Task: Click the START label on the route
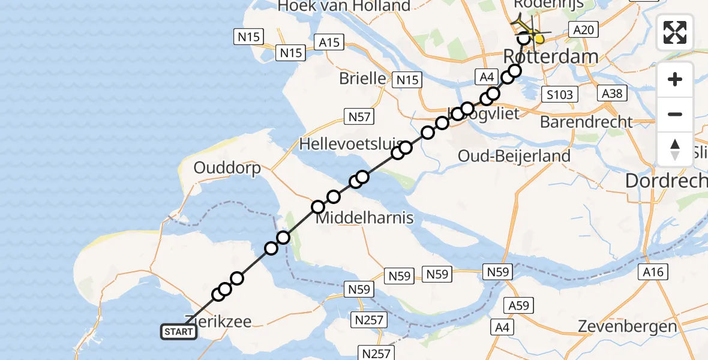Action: point(179,332)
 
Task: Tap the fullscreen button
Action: point(675,32)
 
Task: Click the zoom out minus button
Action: point(675,114)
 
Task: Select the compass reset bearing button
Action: point(675,149)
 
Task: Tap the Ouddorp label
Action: point(227,168)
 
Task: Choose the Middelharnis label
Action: point(364,218)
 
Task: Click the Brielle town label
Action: point(362,78)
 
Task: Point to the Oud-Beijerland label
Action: point(514,156)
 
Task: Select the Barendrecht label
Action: point(586,122)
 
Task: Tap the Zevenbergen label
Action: point(628,327)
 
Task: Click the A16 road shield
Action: point(653,272)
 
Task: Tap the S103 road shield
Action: point(559,94)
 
